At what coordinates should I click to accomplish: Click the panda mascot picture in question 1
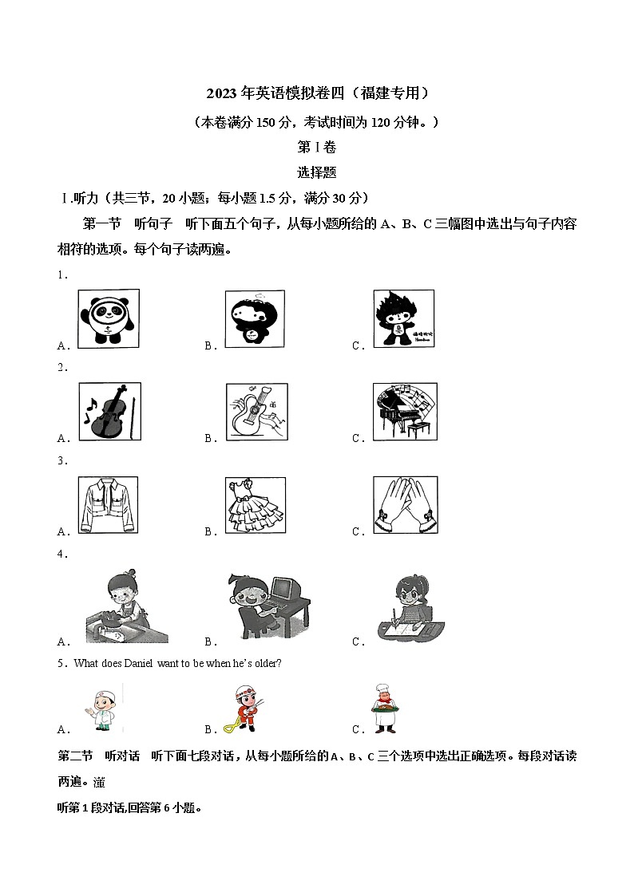109,318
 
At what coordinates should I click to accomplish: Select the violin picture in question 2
109,411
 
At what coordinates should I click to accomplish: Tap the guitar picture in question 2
256,411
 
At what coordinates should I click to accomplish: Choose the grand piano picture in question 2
405,411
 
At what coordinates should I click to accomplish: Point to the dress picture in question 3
256,505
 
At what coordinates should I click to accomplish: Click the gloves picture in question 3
405,505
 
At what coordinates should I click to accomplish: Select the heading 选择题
316,172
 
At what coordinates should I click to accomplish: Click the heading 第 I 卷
316,148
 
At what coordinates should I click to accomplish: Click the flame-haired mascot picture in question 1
403,318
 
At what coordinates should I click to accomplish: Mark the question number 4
61,553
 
